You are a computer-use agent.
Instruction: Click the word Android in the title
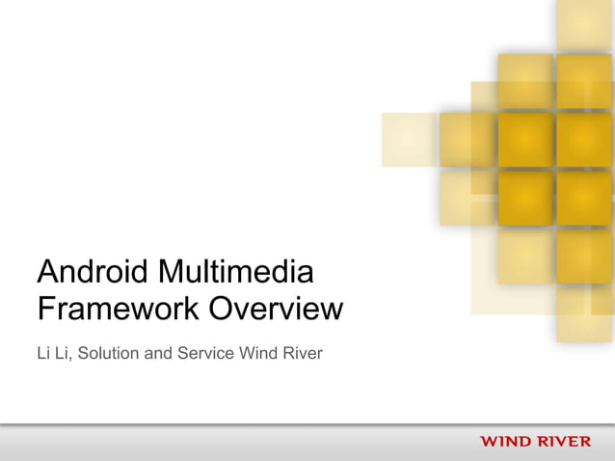(x=91, y=271)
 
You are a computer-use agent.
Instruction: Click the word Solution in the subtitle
(x=108, y=354)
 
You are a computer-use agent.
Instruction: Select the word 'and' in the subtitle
(x=158, y=354)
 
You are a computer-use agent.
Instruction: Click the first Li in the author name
(x=43, y=354)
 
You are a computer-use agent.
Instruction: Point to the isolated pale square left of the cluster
(x=409, y=140)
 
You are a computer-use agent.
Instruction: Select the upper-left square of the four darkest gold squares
(x=525, y=140)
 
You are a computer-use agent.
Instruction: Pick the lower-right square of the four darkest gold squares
(x=584, y=197)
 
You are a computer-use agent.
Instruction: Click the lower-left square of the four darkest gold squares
(x=525, y=197)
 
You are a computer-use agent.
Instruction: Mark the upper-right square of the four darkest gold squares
(x=584, y=140)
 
